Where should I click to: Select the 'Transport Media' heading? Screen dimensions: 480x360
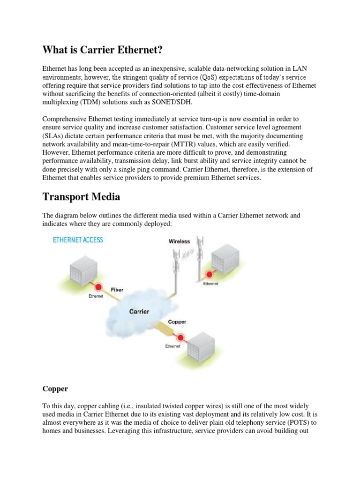81,196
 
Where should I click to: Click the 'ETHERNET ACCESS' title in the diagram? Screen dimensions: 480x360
78,240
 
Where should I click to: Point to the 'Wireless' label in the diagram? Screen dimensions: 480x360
180,241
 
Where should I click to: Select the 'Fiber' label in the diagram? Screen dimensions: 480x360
117,290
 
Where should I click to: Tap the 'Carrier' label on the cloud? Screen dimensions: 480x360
139,311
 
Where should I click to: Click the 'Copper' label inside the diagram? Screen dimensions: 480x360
176,322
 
